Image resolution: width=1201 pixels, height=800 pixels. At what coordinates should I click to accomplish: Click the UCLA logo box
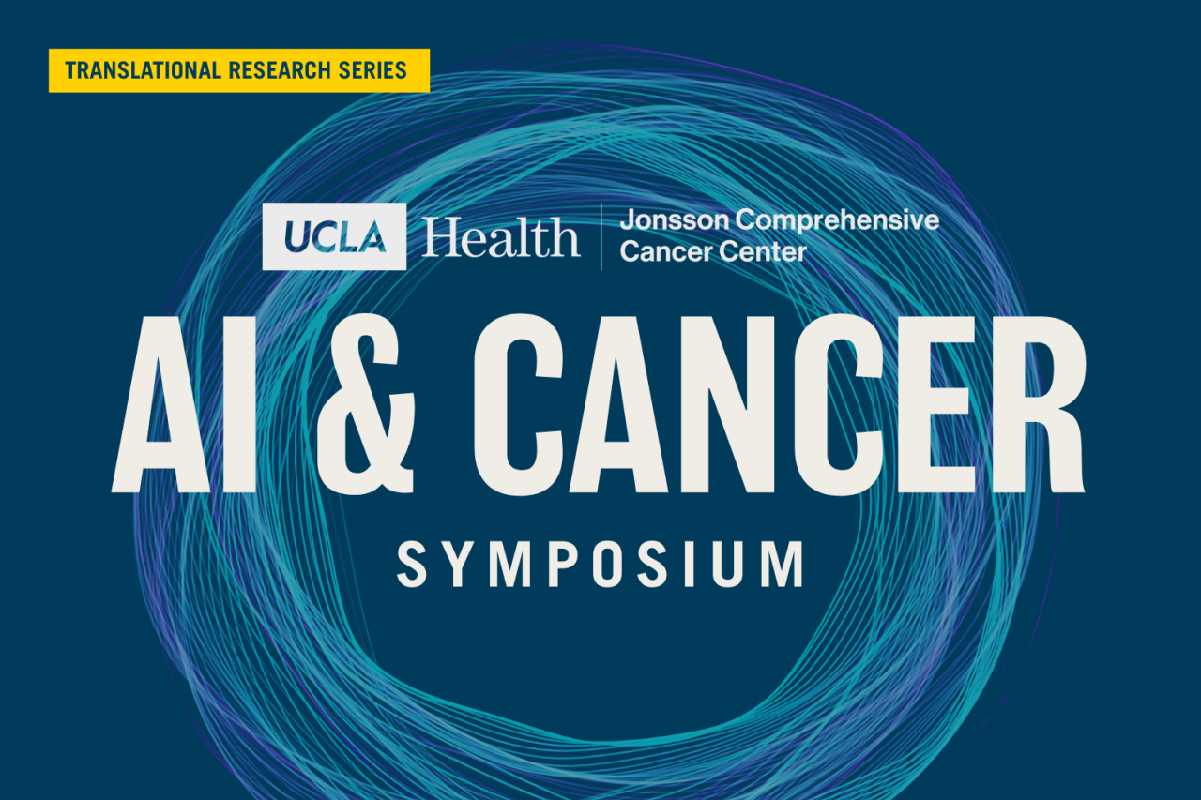pyautogui.click(x=334, y=236)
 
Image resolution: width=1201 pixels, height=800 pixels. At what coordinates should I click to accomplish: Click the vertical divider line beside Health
pyautogui.click(x=601, y=236)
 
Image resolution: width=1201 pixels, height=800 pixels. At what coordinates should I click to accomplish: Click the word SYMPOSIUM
pyautogui.click(x=600, y=563)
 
